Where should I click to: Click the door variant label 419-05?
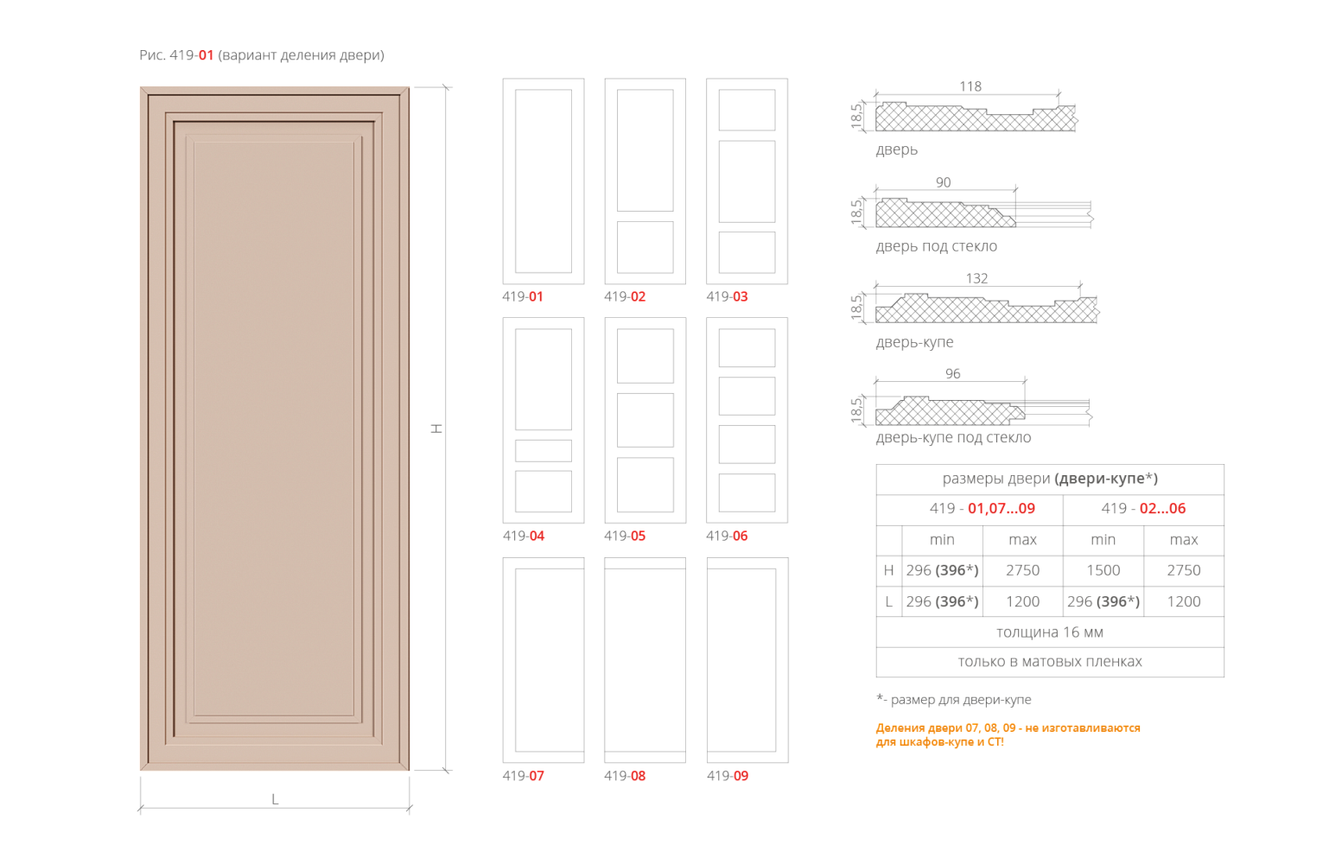click(x=625, y=536)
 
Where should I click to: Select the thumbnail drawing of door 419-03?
click(x=747, y=181)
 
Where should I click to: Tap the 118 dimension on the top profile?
click(x=970, y=86)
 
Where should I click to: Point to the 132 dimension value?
click(x=976, y=278)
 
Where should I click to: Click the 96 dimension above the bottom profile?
click(x=952, y=373)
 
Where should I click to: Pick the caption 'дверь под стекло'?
click(x=936, y=246)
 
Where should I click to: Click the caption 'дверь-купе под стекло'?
click(x=953, y=438)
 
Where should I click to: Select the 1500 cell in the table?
click(x=1103, y=570)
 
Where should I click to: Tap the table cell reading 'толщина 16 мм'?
click(x=1049, y=632)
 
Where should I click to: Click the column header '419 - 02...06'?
click(x=1143, y=509)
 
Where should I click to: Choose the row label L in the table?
click(x=888, y=601)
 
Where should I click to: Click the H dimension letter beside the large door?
click(x=437, y=428)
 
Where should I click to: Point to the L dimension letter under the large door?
click(x=275, y=799)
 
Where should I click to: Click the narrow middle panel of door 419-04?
click(x=543, y=450)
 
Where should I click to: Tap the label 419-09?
click(x=727, y=776)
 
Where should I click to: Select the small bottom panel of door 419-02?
click(x=645, y=247)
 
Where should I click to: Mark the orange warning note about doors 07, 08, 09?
click(x=1008, y=734)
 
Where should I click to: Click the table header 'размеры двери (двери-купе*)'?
click(x=1049, y=479)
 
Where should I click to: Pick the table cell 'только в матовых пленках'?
click(x=1049, y=662)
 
